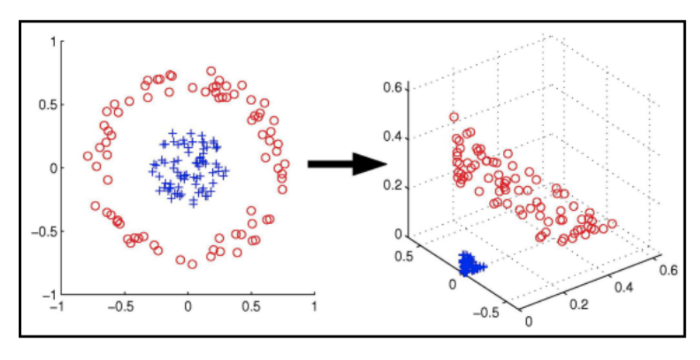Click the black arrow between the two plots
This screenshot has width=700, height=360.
[346, 164]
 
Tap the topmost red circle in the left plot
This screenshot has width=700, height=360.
[211, 71]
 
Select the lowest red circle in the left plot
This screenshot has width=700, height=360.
[192, 264]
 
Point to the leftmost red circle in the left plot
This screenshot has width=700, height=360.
[88, 156]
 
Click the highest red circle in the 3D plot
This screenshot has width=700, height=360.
[454, 117]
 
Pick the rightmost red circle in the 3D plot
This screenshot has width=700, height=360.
[612, 224]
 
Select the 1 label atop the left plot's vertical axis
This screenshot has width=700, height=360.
[53, 41]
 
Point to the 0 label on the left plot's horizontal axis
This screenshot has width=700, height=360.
[188, 306]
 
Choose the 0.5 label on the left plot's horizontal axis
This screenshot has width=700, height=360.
[251, 306]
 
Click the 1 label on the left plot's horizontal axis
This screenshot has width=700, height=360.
[314, 306]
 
